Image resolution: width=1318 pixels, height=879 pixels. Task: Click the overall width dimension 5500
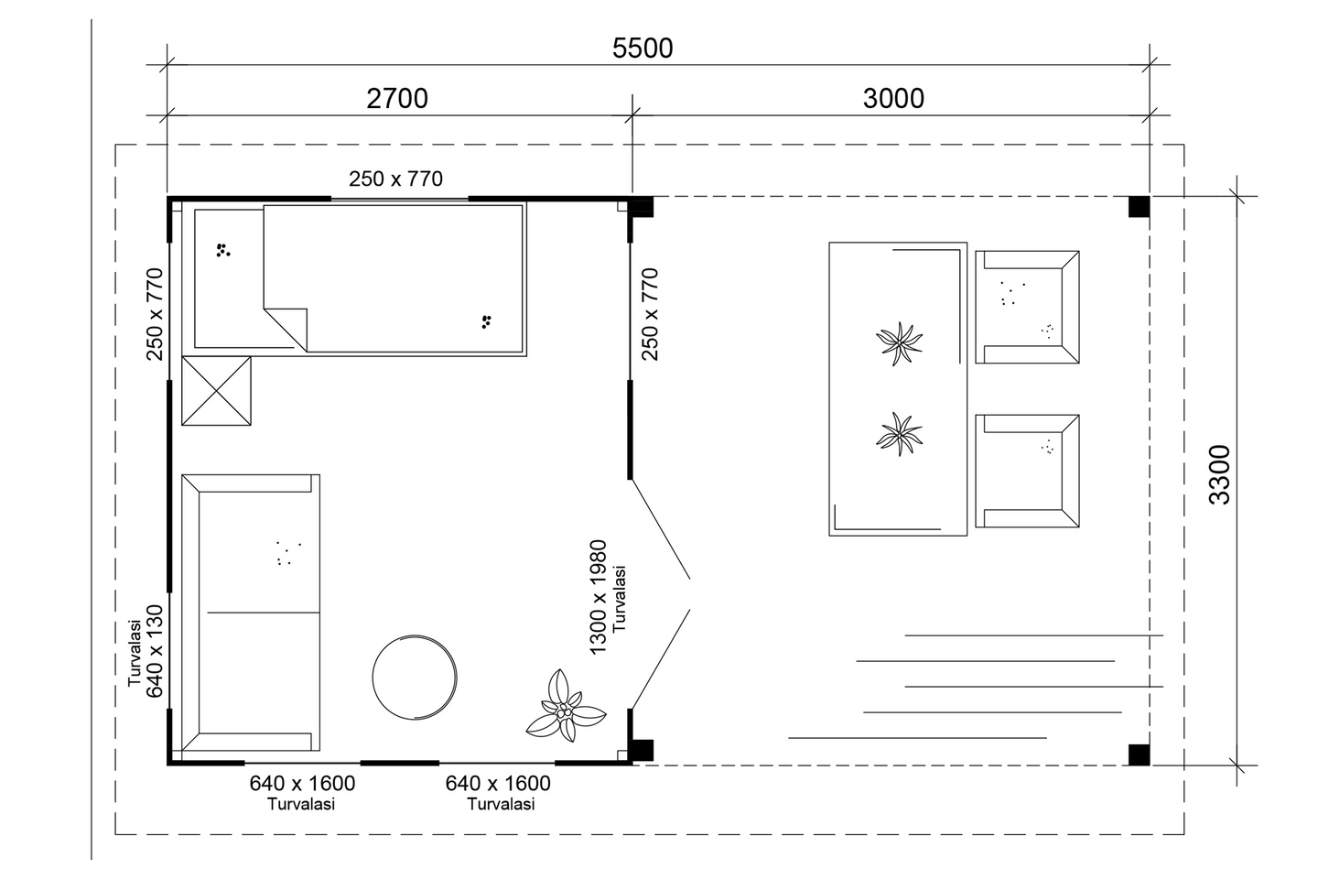(643, 48)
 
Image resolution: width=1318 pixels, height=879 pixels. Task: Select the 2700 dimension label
(397, 98)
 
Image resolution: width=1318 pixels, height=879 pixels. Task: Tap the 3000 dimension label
(893, 98)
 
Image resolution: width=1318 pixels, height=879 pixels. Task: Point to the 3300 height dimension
(1219, 474)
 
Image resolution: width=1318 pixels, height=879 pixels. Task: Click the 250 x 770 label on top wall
(395, 179)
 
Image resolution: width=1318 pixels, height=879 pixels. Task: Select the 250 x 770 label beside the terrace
(650, 313)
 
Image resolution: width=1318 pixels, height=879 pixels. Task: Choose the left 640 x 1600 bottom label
(302, 784)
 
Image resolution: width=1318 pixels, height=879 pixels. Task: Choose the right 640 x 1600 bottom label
(498, 784)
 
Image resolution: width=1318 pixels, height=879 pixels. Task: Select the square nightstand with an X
(216, 391)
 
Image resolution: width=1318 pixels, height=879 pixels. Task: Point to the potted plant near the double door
(565, 707)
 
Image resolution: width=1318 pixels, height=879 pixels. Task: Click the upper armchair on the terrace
(1027, 307)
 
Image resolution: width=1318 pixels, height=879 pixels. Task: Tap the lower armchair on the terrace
(1027, 471)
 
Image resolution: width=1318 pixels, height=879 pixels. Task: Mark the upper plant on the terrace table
(899, 344)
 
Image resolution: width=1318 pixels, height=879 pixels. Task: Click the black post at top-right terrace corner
(1138, 207)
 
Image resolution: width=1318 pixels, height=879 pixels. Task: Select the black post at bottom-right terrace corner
(1138, 754)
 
